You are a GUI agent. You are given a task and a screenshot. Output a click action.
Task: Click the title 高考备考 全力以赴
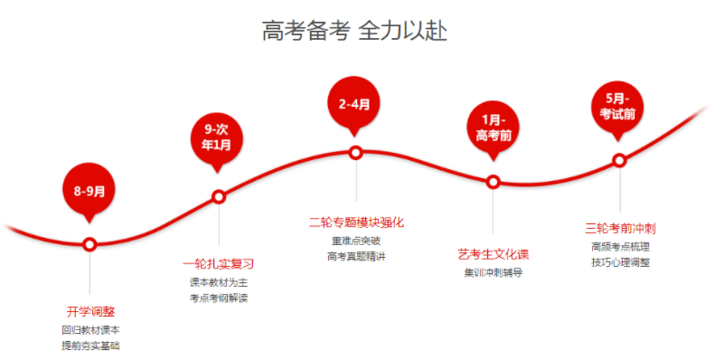pyautogui.click(x=355, y=31)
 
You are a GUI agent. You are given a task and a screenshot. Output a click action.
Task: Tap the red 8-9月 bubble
pyautogui.click(x=89, y=190)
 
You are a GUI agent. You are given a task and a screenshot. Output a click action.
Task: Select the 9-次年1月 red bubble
pyautogui.click(x=217, y=137)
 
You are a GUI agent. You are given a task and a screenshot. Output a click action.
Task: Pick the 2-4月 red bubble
pyautogui.click(x=354, y=104)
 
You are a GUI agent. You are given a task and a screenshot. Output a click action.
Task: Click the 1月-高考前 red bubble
pyautogui.click(x=494, y=128)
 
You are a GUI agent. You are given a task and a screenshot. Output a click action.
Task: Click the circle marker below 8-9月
pyautogui.click(x=89, y=244)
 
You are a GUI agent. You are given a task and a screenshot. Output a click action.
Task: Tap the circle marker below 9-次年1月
pyautogui.click(x=218, y=196)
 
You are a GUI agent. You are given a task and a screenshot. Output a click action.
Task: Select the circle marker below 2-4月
pyautogui.click(x=355, y=153)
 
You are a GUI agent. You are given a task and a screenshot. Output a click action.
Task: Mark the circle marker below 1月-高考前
pyautogui.click(x=494, y=182)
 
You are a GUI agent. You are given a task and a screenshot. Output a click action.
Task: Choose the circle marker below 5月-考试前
pyautogui.click(x=619, y=161)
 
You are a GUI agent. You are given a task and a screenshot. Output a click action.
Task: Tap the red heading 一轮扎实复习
pyautogui.click(x=218, y=264)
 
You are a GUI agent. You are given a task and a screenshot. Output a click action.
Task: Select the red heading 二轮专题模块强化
pyautogui.click(x=355, y=222)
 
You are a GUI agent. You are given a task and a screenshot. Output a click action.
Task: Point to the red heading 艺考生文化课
pyautogui.click(x=494, y=253)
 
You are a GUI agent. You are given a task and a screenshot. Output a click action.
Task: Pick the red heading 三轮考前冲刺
pyautogui.click(x=620, y=228)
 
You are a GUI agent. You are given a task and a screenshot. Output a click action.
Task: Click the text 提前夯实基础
pyautogui.click(x=90, y=346)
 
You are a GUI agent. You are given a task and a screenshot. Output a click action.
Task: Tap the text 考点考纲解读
pyautogui.click(x=218, y=298)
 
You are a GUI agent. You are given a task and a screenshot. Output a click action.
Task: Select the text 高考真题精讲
pyautogui.click(x=355, y=256)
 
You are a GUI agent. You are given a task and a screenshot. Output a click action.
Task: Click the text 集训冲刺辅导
pyautogui.click(x=494, y=271)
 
